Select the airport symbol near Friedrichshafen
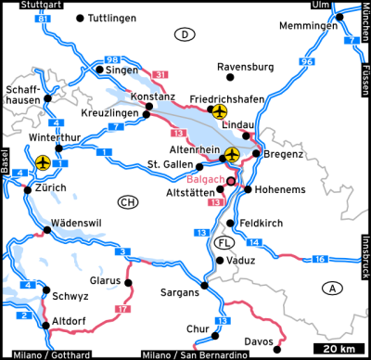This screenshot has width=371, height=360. (219, 112)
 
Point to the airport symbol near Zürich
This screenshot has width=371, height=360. (42, 162)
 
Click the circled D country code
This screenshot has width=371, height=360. (185, 34)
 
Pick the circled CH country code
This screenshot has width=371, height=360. (128, 202)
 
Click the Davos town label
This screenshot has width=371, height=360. (259, 341)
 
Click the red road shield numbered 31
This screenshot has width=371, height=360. (161, 74)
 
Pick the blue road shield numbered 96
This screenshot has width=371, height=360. (307, 61)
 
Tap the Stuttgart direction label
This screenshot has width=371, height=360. (28, 5)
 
